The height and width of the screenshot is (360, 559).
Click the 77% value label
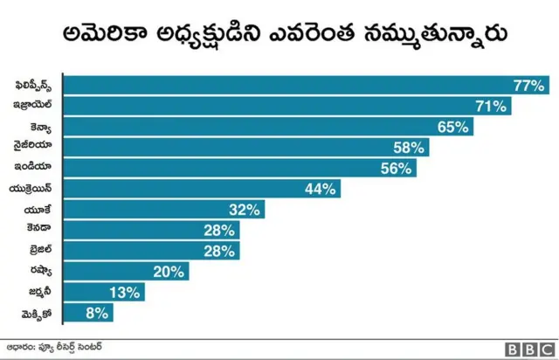point(529,86)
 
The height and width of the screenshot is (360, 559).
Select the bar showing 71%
point(288,107)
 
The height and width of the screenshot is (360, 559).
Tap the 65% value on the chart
point(453,128)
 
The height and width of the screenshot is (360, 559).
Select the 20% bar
point(127,272)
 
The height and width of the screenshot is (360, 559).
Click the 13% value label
point(125,293)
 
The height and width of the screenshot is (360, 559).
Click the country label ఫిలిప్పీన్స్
point(38,86)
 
